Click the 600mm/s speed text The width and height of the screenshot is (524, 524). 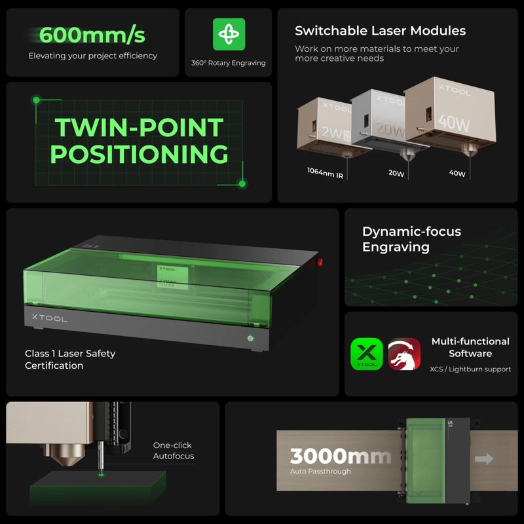[92, 34]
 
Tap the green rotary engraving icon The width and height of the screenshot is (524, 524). [229, 34]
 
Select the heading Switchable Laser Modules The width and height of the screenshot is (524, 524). [380, 31]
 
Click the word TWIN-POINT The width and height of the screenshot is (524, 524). [139, 127]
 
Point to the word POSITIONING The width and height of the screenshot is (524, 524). [139, 155]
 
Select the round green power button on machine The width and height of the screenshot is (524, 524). [250, 339]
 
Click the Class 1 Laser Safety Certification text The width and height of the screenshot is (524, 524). [70, 360]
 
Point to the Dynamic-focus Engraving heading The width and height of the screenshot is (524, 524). [411, 239]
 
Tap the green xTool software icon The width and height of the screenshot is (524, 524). [367, 354]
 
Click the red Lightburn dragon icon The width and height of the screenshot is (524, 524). [404, 354]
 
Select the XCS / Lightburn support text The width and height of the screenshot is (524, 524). [470, 369]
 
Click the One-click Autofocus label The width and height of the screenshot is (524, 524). [173, 451]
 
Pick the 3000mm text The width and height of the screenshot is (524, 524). [341, 456]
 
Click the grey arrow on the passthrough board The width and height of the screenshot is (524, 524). [483, 458]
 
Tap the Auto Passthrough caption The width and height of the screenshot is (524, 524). [320, 472]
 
